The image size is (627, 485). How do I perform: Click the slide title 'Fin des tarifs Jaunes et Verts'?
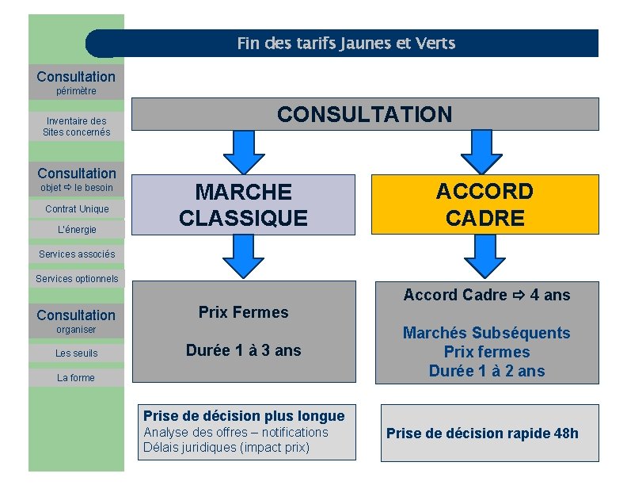[x=346, y=44]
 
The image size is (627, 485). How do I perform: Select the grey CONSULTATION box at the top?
[x=364, y=114]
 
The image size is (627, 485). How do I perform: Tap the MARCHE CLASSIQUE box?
[x=243, y=204]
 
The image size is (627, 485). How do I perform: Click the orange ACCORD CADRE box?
[x=484, y=204]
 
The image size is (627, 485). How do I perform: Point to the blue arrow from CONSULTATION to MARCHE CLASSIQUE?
[x=243, y=151]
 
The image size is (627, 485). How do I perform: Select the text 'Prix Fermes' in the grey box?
[x=243, y=312]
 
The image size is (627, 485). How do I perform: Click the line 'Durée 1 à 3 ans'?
[x=243, y=350]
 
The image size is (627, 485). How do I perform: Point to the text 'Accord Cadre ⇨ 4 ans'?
[x=486, y=295]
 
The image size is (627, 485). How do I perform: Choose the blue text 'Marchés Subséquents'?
[x=486, y=333]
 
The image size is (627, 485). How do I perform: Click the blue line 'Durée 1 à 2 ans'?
[x=486, y=371]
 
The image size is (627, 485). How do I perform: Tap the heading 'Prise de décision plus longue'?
[x=244, y=416]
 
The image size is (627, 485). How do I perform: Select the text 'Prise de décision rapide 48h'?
[x=482, y=433]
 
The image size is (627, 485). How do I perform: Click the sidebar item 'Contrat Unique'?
[x=77, y=209]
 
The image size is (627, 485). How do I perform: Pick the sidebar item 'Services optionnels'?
[x=77, y=279]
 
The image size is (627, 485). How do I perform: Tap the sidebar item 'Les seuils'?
[x=77, y=353]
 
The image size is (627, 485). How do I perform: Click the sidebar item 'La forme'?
[x=76, y=378]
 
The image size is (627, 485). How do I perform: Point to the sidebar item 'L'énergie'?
[x=77, y=230]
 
